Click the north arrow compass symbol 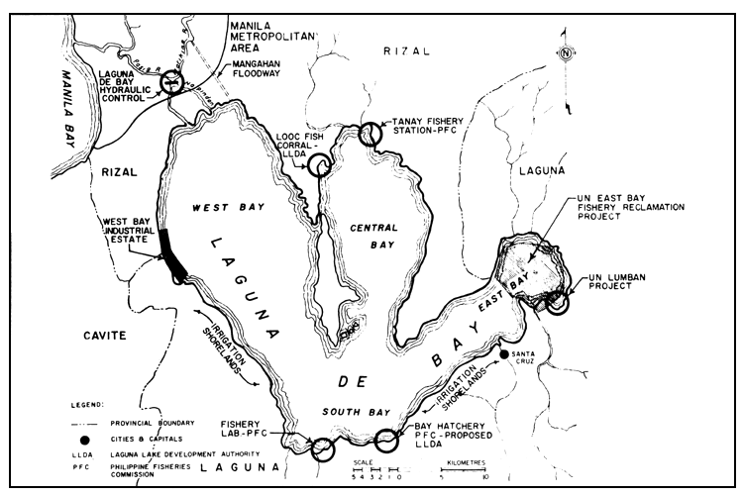[x=565, y=54]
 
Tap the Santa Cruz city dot [x=504, y=354]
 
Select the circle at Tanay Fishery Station [x=371, y=134]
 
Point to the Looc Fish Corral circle [x=319, y=165]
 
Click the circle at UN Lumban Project [x=558, y=301]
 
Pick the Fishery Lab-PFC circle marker [x=322, y=449]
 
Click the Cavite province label [x=104, y=336]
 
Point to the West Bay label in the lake [x=225, y=210]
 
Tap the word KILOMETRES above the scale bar [x=463, y=463]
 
